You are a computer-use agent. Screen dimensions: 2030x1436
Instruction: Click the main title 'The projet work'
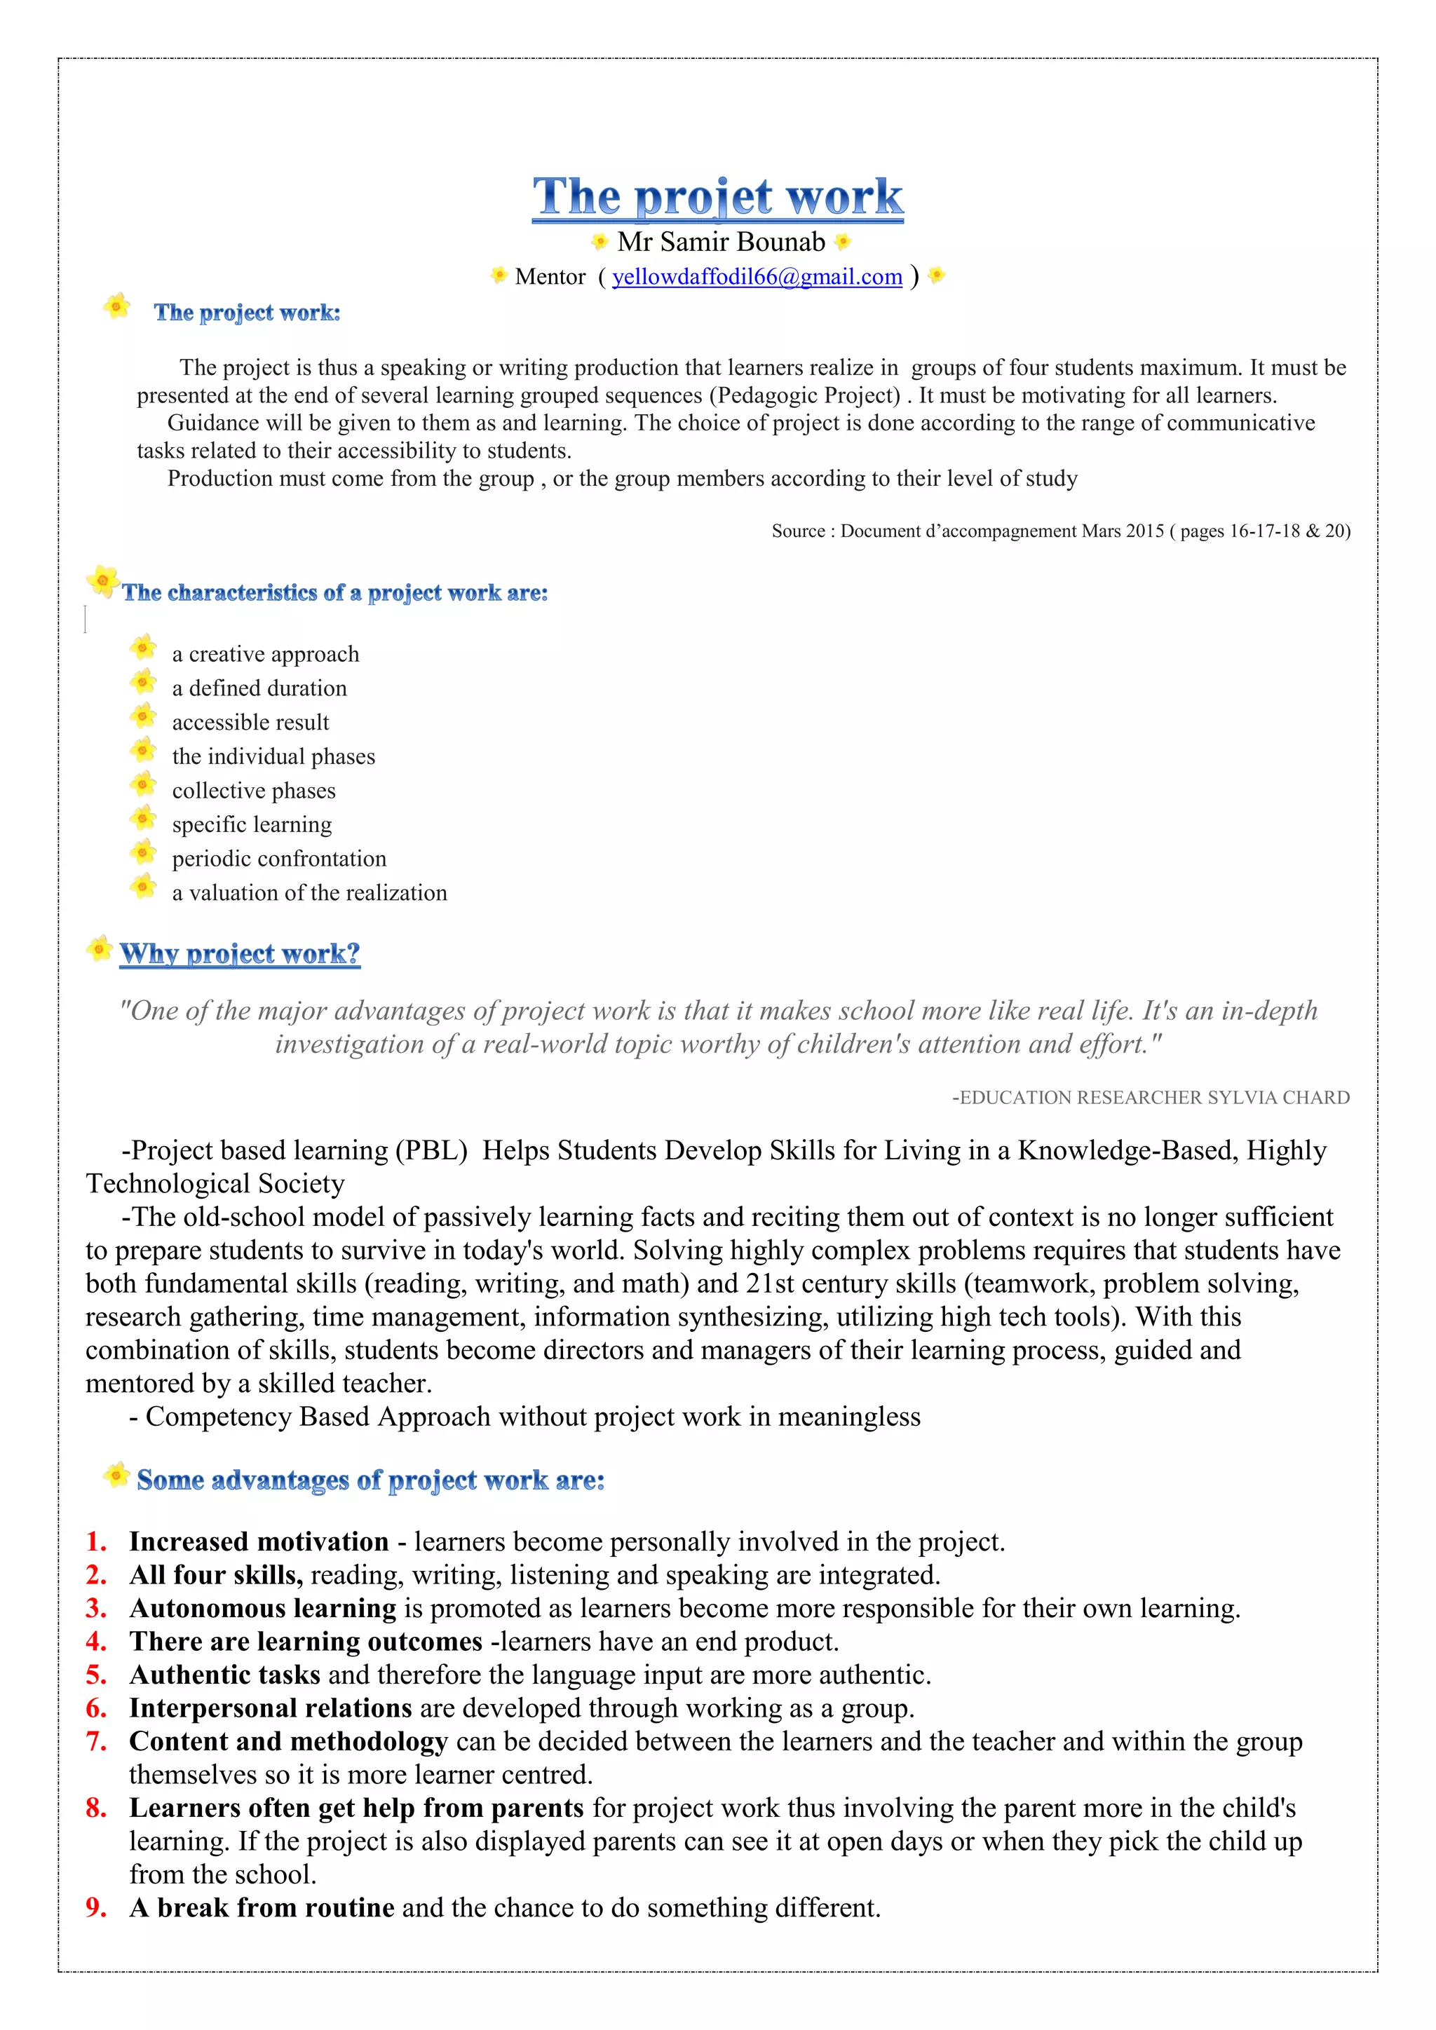pyautogui.click(x=717, y=196)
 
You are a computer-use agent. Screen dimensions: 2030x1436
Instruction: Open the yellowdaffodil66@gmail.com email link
pyautogui.click(x=757, y=277)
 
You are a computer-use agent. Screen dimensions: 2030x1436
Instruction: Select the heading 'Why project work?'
pyautogui.click(x=240, y=953)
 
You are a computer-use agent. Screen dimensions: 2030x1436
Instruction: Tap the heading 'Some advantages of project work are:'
pyautogui.click(x=370, y=1480)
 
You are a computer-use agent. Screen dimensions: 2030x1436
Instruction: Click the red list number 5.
pyautogui.click(x=95, y=1675)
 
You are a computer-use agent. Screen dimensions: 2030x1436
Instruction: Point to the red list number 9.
pyautogui.click(x=95, y=1907)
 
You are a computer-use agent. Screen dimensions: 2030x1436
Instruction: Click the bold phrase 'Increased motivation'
pyautogui.click(x=258, y=1542)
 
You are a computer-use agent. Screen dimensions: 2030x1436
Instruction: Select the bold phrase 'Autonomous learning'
pyautogui.click(x=263, y=1608)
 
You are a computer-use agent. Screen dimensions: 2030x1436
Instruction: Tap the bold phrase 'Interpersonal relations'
pyautogui.click(x=271, y=1708)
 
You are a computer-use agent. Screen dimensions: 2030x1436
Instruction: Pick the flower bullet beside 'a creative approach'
pyautogui.click(x=143, y=648)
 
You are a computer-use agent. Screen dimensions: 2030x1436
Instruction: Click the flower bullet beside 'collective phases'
pyautogui.click(x=143, y=784)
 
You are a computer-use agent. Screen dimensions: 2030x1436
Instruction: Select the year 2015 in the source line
pyautogui.click(x=1145, y=531)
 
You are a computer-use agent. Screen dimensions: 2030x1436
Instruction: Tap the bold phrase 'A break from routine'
pyautogui.click(x=262, y=1907)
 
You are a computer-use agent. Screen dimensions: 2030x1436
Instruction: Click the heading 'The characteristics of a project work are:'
pyautogui.click(x=334, y=592)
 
